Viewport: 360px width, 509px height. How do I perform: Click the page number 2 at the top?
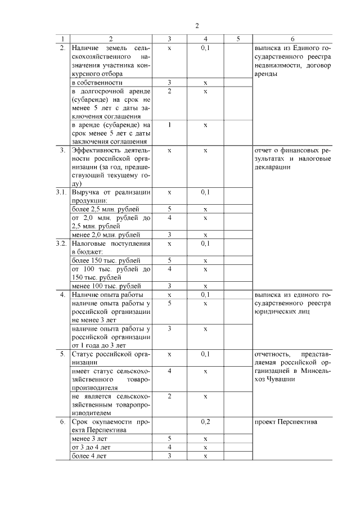point(197,25)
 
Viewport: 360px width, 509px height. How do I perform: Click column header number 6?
point(292,39)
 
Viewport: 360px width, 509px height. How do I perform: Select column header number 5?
point(238,39)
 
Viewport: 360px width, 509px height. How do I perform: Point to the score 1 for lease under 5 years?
point(169,124)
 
